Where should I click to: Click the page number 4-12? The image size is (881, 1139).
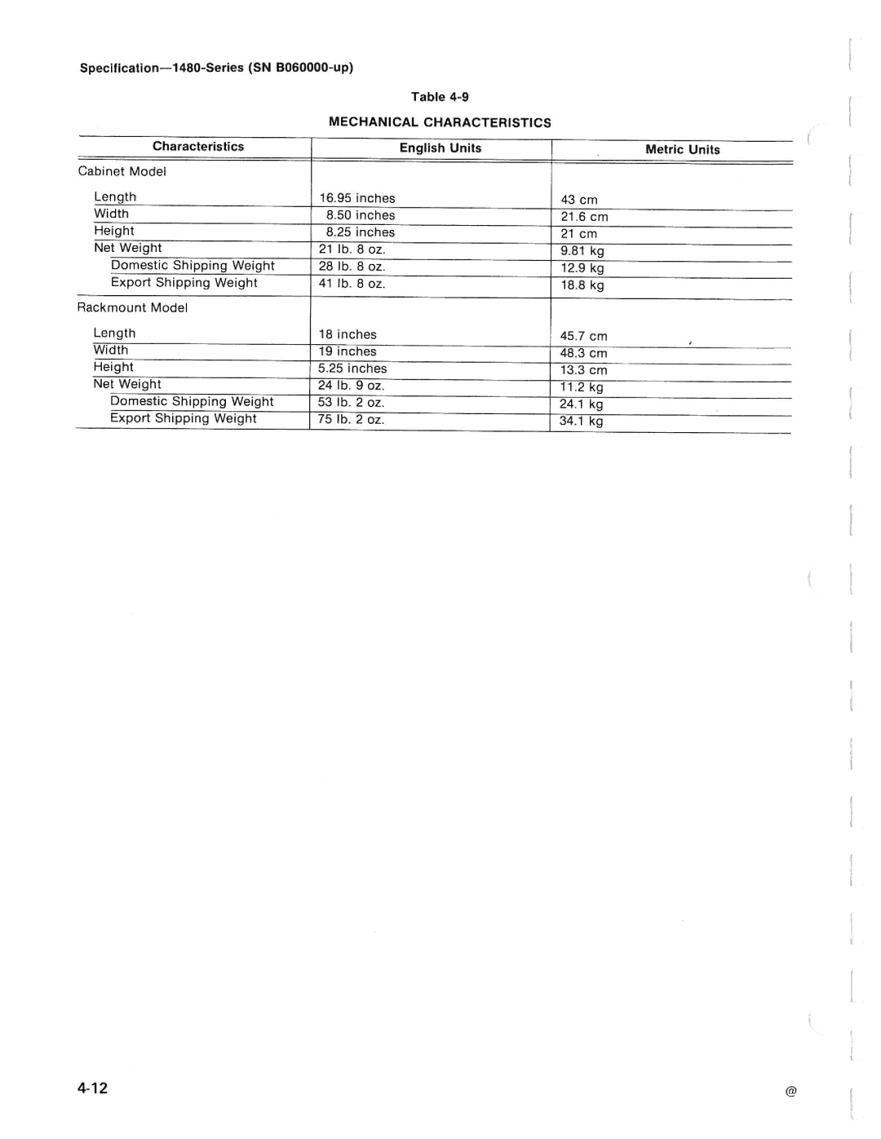(x=93, y=1088)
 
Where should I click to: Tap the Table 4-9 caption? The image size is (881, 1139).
(x=440, y=97)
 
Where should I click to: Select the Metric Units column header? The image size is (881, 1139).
(x=682, y=149)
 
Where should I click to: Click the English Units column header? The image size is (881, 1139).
(x=440, y=148)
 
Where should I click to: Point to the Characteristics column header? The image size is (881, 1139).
(x=198, y=147)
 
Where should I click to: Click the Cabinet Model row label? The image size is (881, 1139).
(x=122, y=171)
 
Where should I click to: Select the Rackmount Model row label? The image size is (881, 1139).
(x=132, y=307)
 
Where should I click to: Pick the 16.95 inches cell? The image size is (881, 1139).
(x=357, y=198)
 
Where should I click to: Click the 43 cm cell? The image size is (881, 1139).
(x=579, y=200)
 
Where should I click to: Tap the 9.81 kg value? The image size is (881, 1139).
(x=582, y=251)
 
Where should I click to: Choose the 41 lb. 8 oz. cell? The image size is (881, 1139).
(x=352, y=284)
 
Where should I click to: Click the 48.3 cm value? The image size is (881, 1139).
(x=583, y=353)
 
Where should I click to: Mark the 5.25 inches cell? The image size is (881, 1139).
(x=352, y=369)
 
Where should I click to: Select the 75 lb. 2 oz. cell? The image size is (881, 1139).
(x=351, y=420)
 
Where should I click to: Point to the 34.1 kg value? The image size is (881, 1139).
(x=581, y=422)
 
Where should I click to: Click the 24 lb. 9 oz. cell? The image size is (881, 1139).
(x=351, y=386)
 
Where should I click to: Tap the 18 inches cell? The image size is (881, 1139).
(x=348, y=334)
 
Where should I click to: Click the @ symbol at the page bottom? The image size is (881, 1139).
(x=790, y=1092)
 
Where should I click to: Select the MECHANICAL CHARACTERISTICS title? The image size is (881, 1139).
(x=440, y=122)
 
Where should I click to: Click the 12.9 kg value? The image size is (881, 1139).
(x=582, y=268)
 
